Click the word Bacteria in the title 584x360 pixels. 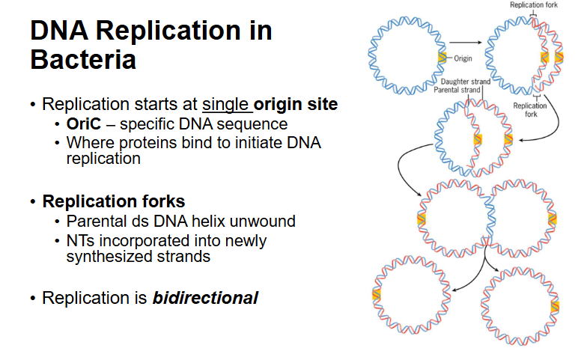(x=83, y=59)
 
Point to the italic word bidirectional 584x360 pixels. (x=205, y=298)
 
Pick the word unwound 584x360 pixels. (x=265, y=222)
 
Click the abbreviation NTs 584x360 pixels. (x=79, y=241)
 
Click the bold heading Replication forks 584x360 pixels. (x=114, y=201)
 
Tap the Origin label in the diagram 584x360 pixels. (x=463, y=58)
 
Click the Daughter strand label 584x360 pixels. (x=466, y=82)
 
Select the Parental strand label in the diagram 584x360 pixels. (x=457, y=91)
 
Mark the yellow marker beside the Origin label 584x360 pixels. (x=442, y=57)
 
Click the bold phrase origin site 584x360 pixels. (x=296, y=104)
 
